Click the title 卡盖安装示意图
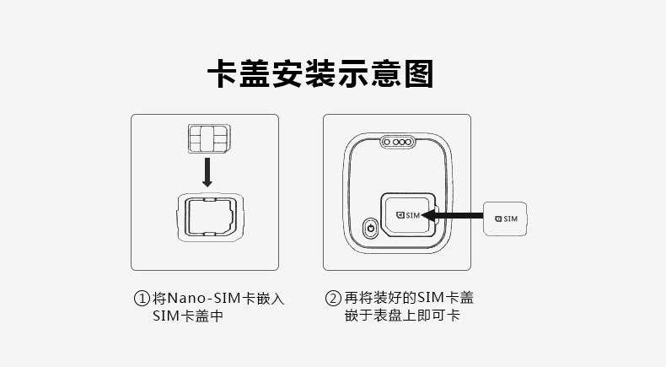(x=320, y=74)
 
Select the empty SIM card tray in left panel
(x=207, y=217)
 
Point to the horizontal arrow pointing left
(x=452, y=215)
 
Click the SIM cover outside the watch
(x=506, y=219)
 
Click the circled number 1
(x=142, y=299)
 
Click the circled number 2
(x=334, y=299)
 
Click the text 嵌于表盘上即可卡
(x=401, y=316)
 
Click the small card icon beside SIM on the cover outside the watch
(x=497, y=219)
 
